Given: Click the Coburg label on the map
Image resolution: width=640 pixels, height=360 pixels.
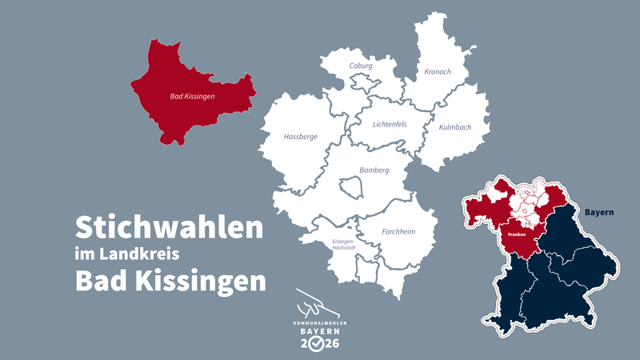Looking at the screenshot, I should tap(361, 66).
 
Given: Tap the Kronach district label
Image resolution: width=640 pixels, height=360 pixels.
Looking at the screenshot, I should tap(438, 72).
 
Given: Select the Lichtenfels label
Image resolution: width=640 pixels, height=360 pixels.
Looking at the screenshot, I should tap(390, 124).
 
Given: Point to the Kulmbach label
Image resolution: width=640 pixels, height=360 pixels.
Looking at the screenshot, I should tap(455, 127).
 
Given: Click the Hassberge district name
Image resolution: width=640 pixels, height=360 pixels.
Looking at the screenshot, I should tap(301, 137).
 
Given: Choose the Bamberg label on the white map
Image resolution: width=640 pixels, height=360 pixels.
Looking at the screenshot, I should tap(374, 170).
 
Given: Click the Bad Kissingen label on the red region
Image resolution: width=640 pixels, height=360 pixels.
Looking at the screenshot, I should tap(193, 97).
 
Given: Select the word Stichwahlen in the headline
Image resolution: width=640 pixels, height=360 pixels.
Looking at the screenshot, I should tap(169, 228).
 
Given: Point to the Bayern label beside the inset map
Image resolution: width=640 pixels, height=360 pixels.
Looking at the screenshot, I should tap(598, 213).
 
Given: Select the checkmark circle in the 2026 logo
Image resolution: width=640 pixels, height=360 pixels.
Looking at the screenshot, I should tap(318, 343).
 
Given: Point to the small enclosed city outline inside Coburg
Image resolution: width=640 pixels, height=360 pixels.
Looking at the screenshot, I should tap(364, 82).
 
